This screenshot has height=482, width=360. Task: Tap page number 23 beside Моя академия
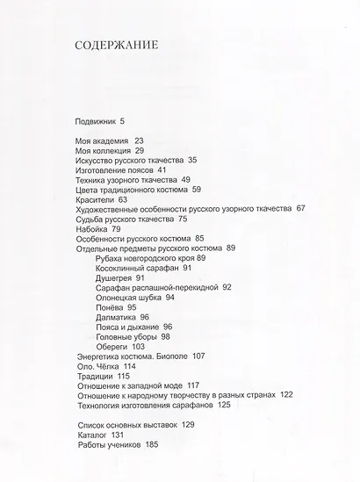point(139,140)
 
